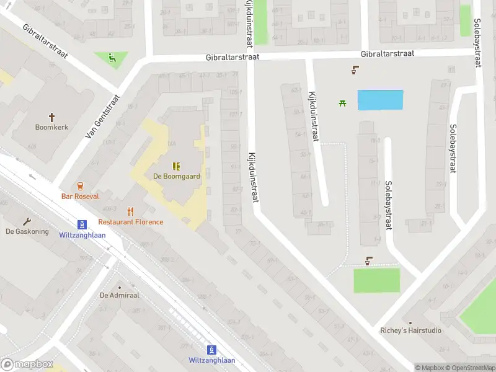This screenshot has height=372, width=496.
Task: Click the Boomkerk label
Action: (x=52, y=127)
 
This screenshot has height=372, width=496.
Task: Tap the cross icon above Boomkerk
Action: (x=52, y=117)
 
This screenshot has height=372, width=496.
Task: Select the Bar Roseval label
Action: (x=80, y=196)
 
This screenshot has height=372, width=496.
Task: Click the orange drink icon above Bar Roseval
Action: (x=80, y=185)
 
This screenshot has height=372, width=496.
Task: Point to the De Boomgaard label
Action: (x=177, y=176)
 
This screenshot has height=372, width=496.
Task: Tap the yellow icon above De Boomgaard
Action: (x=177, y=166)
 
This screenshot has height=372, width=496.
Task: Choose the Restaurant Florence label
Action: (x=131, y=222)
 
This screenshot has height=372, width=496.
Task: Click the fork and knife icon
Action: (x=130, y=211)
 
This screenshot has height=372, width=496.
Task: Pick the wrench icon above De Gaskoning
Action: (x=27, y=221)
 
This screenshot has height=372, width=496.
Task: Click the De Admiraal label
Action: (x=120, y=295)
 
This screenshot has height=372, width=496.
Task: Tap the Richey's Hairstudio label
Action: (x=411, y=330)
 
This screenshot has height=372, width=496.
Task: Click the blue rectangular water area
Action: (x=380, y=100)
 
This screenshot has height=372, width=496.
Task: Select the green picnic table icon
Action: (x=342, y=103)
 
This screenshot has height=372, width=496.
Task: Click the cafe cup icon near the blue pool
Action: (x=355, y=70)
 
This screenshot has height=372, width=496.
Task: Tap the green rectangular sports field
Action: (x=377, y=280)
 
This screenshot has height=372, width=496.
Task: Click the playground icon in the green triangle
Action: (x=112, y=59)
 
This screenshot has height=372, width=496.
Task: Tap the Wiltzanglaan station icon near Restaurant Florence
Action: (x=82, y=224)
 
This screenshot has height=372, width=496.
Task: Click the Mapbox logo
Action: (x=28, y=365)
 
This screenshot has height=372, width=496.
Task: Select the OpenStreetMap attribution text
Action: (x=474, y=368)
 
